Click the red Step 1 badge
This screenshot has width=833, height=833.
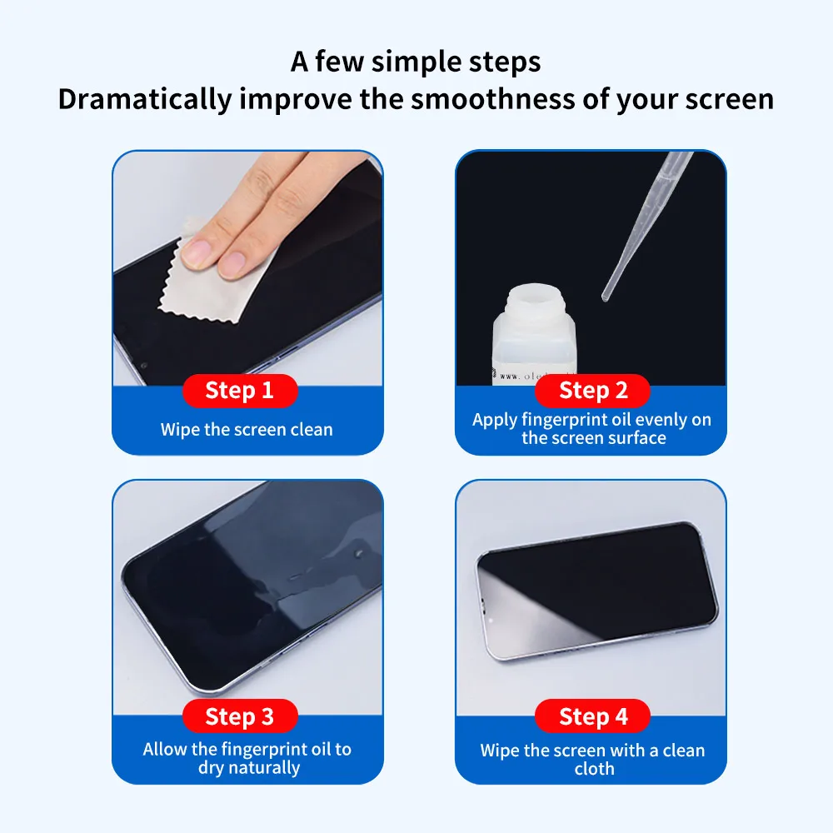point(239,391)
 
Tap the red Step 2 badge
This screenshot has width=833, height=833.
point(593,391)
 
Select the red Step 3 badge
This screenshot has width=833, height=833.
point(239,716)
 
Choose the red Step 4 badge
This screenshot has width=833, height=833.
point(593,716)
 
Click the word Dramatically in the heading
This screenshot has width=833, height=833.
point(144,99)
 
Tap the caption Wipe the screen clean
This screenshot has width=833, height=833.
point(247,430)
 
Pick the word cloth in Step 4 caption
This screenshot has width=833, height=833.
point(593,769)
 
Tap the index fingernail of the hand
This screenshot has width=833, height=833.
point(197,252)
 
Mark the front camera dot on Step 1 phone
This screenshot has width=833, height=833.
point(144,365)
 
